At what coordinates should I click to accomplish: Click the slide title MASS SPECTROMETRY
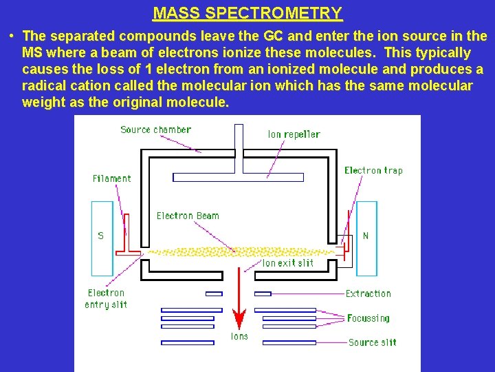click(x=247, y=13)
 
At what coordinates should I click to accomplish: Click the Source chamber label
click(x=155, y=130)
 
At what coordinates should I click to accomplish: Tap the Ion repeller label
click(x=294, y=134)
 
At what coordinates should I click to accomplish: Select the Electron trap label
click(x=373, y=170)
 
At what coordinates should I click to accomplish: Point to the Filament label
click(x=111, y=178)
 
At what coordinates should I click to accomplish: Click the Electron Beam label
click(x=188, y=216)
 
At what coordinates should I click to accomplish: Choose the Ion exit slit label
click(x=287, y=263)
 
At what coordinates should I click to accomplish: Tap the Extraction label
click(x=368, y=293)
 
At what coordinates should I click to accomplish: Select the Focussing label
click(x=368, y=318)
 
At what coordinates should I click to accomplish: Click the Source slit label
click(x=372, y=342)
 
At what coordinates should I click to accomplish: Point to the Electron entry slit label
click(x=106, y=299)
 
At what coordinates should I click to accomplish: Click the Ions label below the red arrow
click(x=239, y=337)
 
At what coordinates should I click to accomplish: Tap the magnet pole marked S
click(x=102, y=236)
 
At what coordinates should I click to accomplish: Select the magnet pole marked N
click(x=366, y=236)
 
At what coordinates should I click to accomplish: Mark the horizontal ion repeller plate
click(x=238, y=177)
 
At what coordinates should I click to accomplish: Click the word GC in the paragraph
click(x=274, y=36)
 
